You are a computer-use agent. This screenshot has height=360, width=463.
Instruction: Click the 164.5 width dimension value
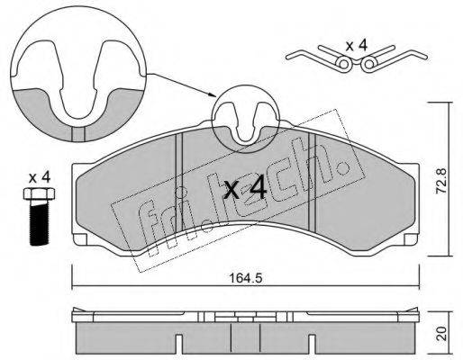pyautogui.click(x=245, y=278)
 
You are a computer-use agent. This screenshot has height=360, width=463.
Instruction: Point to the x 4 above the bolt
pyautogui.click(x=40, y=177)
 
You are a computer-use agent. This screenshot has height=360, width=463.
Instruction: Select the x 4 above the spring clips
pyautogui.click(x=357, y=46)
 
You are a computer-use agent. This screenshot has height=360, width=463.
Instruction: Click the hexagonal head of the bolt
pyautogui.click(x=39, y=193)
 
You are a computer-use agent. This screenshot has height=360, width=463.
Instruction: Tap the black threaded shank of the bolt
pyautogui.click(x=39, y=223)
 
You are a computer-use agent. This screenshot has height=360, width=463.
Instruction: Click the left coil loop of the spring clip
pyautogui.click(x=342, y=64)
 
